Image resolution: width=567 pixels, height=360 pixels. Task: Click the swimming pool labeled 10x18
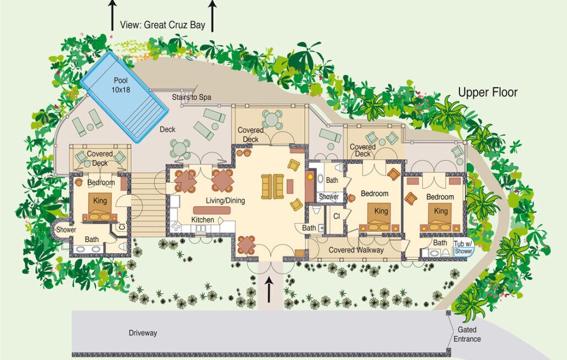[124, 96]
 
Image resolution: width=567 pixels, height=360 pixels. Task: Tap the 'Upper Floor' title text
[488, 92]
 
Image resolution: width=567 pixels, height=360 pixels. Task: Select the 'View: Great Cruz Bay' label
[163, 25]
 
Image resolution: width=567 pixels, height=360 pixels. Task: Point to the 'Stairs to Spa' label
[191, 97]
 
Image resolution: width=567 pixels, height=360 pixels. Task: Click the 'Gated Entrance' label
[467, 334]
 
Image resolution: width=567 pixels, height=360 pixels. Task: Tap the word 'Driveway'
[143, 333]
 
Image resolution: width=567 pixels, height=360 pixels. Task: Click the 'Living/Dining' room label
[225, 200]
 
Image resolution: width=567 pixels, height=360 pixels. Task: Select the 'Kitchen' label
[203, 220]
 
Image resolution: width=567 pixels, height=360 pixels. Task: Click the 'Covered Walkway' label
[356, 250]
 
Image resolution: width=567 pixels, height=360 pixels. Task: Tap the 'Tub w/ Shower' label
[464, 248]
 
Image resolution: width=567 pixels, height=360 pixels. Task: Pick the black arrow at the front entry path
[269, 289]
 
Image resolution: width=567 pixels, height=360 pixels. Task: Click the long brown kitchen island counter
[212, 210]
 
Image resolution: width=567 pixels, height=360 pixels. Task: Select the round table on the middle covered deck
[271, 118]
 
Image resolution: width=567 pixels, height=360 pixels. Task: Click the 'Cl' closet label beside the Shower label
[337, 216]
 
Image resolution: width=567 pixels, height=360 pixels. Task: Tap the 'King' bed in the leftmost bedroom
[100, 207]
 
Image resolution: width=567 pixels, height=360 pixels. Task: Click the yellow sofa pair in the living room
[272, 187]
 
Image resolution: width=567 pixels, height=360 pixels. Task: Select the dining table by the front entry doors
[247, 245]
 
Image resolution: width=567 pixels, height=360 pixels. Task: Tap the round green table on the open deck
[179, 148]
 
